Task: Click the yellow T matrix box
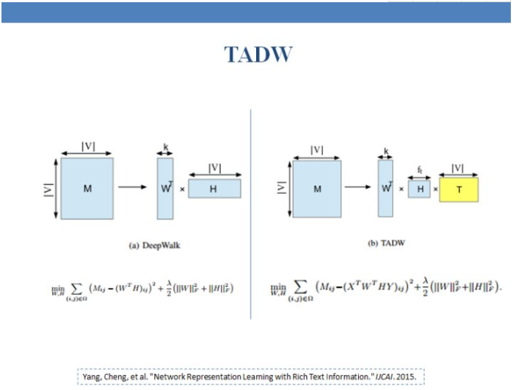(459, 189)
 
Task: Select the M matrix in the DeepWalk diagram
(87, 188)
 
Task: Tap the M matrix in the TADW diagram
(317, 189)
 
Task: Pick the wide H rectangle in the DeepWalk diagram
(214, 189)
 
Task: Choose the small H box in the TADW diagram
(419, 189)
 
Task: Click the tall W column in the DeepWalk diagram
(165, 188)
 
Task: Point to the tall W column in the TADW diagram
(385, 188)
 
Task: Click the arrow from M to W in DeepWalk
(133, 187)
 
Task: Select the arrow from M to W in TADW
(359, 187)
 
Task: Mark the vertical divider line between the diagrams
(251, 214)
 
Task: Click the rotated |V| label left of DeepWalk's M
(48, 188)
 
